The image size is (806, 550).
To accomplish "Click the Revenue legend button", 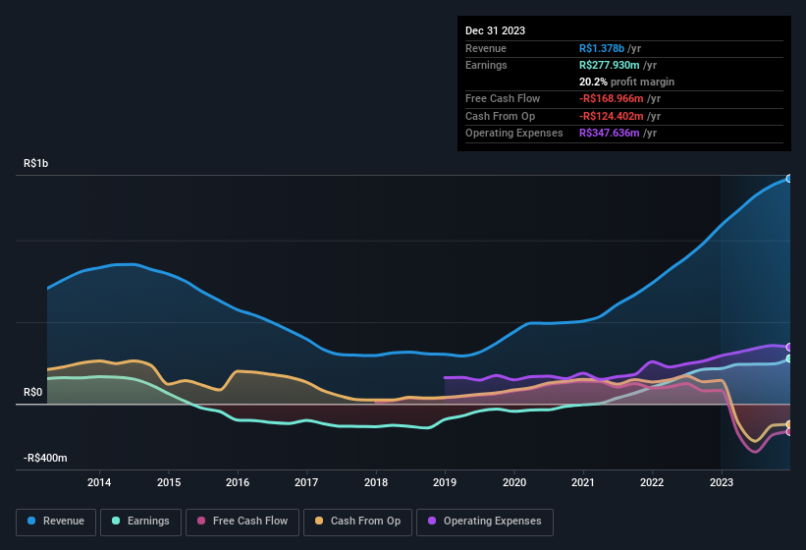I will [56, 522].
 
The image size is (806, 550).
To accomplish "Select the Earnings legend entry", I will [140, 522].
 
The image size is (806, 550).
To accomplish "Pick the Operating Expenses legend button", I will [485, 522].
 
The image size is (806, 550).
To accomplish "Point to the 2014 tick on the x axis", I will [98, 482].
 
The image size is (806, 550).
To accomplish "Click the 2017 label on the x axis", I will [306, 482].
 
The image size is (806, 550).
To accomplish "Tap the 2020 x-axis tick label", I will [513, 482].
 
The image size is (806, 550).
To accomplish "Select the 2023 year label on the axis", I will [722, 482].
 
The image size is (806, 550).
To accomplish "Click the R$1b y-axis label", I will [35, 164].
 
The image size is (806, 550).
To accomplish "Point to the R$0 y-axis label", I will [33, 393].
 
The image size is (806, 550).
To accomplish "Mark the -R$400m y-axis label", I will [47, 459].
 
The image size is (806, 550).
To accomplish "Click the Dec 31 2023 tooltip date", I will [495, 30].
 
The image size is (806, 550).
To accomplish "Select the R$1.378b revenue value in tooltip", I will [603, 48].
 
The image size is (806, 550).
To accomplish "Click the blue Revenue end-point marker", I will [789, 179].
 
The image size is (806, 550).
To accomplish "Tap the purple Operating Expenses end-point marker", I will [789, 347].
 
